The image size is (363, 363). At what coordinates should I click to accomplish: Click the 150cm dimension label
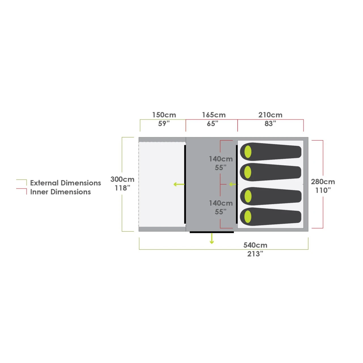click(164, 115)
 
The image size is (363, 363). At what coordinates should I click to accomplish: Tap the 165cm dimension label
click(214, 115)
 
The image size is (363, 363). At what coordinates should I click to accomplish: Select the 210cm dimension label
click(270, 115)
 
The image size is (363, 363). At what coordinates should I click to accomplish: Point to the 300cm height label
click(122, 179)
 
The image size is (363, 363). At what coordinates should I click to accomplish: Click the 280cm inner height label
click(323, 181)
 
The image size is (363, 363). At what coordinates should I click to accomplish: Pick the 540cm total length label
click(255, 245)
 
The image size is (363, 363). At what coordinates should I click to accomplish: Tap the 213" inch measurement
click(255, 254)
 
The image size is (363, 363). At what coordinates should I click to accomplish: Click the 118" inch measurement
click(122, 188)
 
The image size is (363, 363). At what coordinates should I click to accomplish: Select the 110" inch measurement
click(323, 190)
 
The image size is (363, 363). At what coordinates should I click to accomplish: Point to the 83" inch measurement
click(270, 124)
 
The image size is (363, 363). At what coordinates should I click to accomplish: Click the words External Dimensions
click(66, 183)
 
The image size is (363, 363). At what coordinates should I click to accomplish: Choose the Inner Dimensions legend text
click(60, 192)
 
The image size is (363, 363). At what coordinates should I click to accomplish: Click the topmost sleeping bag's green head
click(248, 152)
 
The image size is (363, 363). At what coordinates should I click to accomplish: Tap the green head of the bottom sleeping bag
click(248, 217)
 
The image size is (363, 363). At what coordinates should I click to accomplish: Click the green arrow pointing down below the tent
click(212, 239)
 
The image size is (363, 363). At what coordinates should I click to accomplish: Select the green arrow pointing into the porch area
click(179, 184)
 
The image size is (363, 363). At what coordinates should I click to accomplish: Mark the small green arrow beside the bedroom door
click(232, 184)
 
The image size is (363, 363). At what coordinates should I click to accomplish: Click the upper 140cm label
click(221, 159)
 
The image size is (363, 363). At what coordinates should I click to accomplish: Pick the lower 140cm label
click(221, 203)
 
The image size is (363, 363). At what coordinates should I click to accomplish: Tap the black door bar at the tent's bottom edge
click(212, 232)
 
